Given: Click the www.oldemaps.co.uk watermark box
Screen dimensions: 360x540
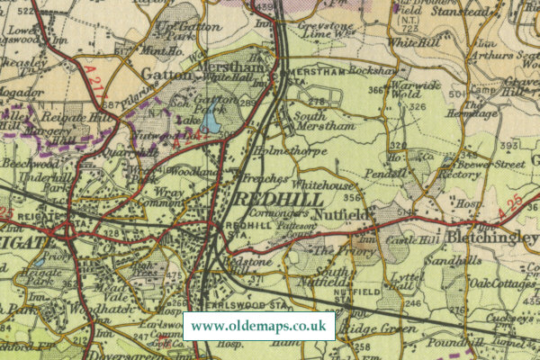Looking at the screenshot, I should tap(259, 325).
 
